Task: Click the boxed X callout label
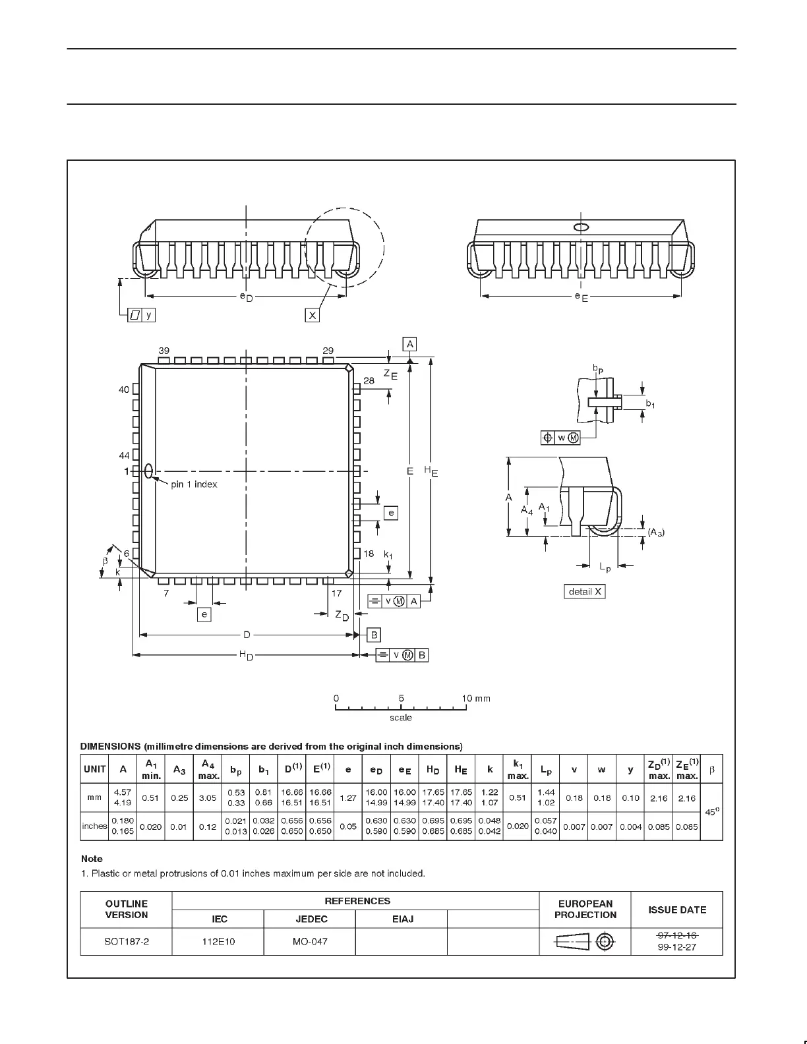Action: coord(313,315)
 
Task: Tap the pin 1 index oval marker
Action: coord(148,471)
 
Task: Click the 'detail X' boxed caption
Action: coord(585,591)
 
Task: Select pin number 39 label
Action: coord(164,350)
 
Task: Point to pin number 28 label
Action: coord(369,380)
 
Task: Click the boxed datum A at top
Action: coord(410,344)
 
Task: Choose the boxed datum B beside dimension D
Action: coord(374,635)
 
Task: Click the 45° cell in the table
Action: coord(711,812)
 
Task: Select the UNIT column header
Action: coord(95,769)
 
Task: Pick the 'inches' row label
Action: coord(94,826)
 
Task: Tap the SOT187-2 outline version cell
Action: coord(127,941)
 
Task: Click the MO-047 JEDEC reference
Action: coord(310,941)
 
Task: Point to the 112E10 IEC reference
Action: coord(218,941)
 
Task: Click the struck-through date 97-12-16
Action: coord(677,935)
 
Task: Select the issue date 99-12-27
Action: coord(677,948)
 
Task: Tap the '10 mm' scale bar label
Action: coord(475,698)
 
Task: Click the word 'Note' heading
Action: coord(92,859)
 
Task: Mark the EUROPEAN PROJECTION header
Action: coord(585,909)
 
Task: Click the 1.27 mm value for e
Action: coord(347,797)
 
